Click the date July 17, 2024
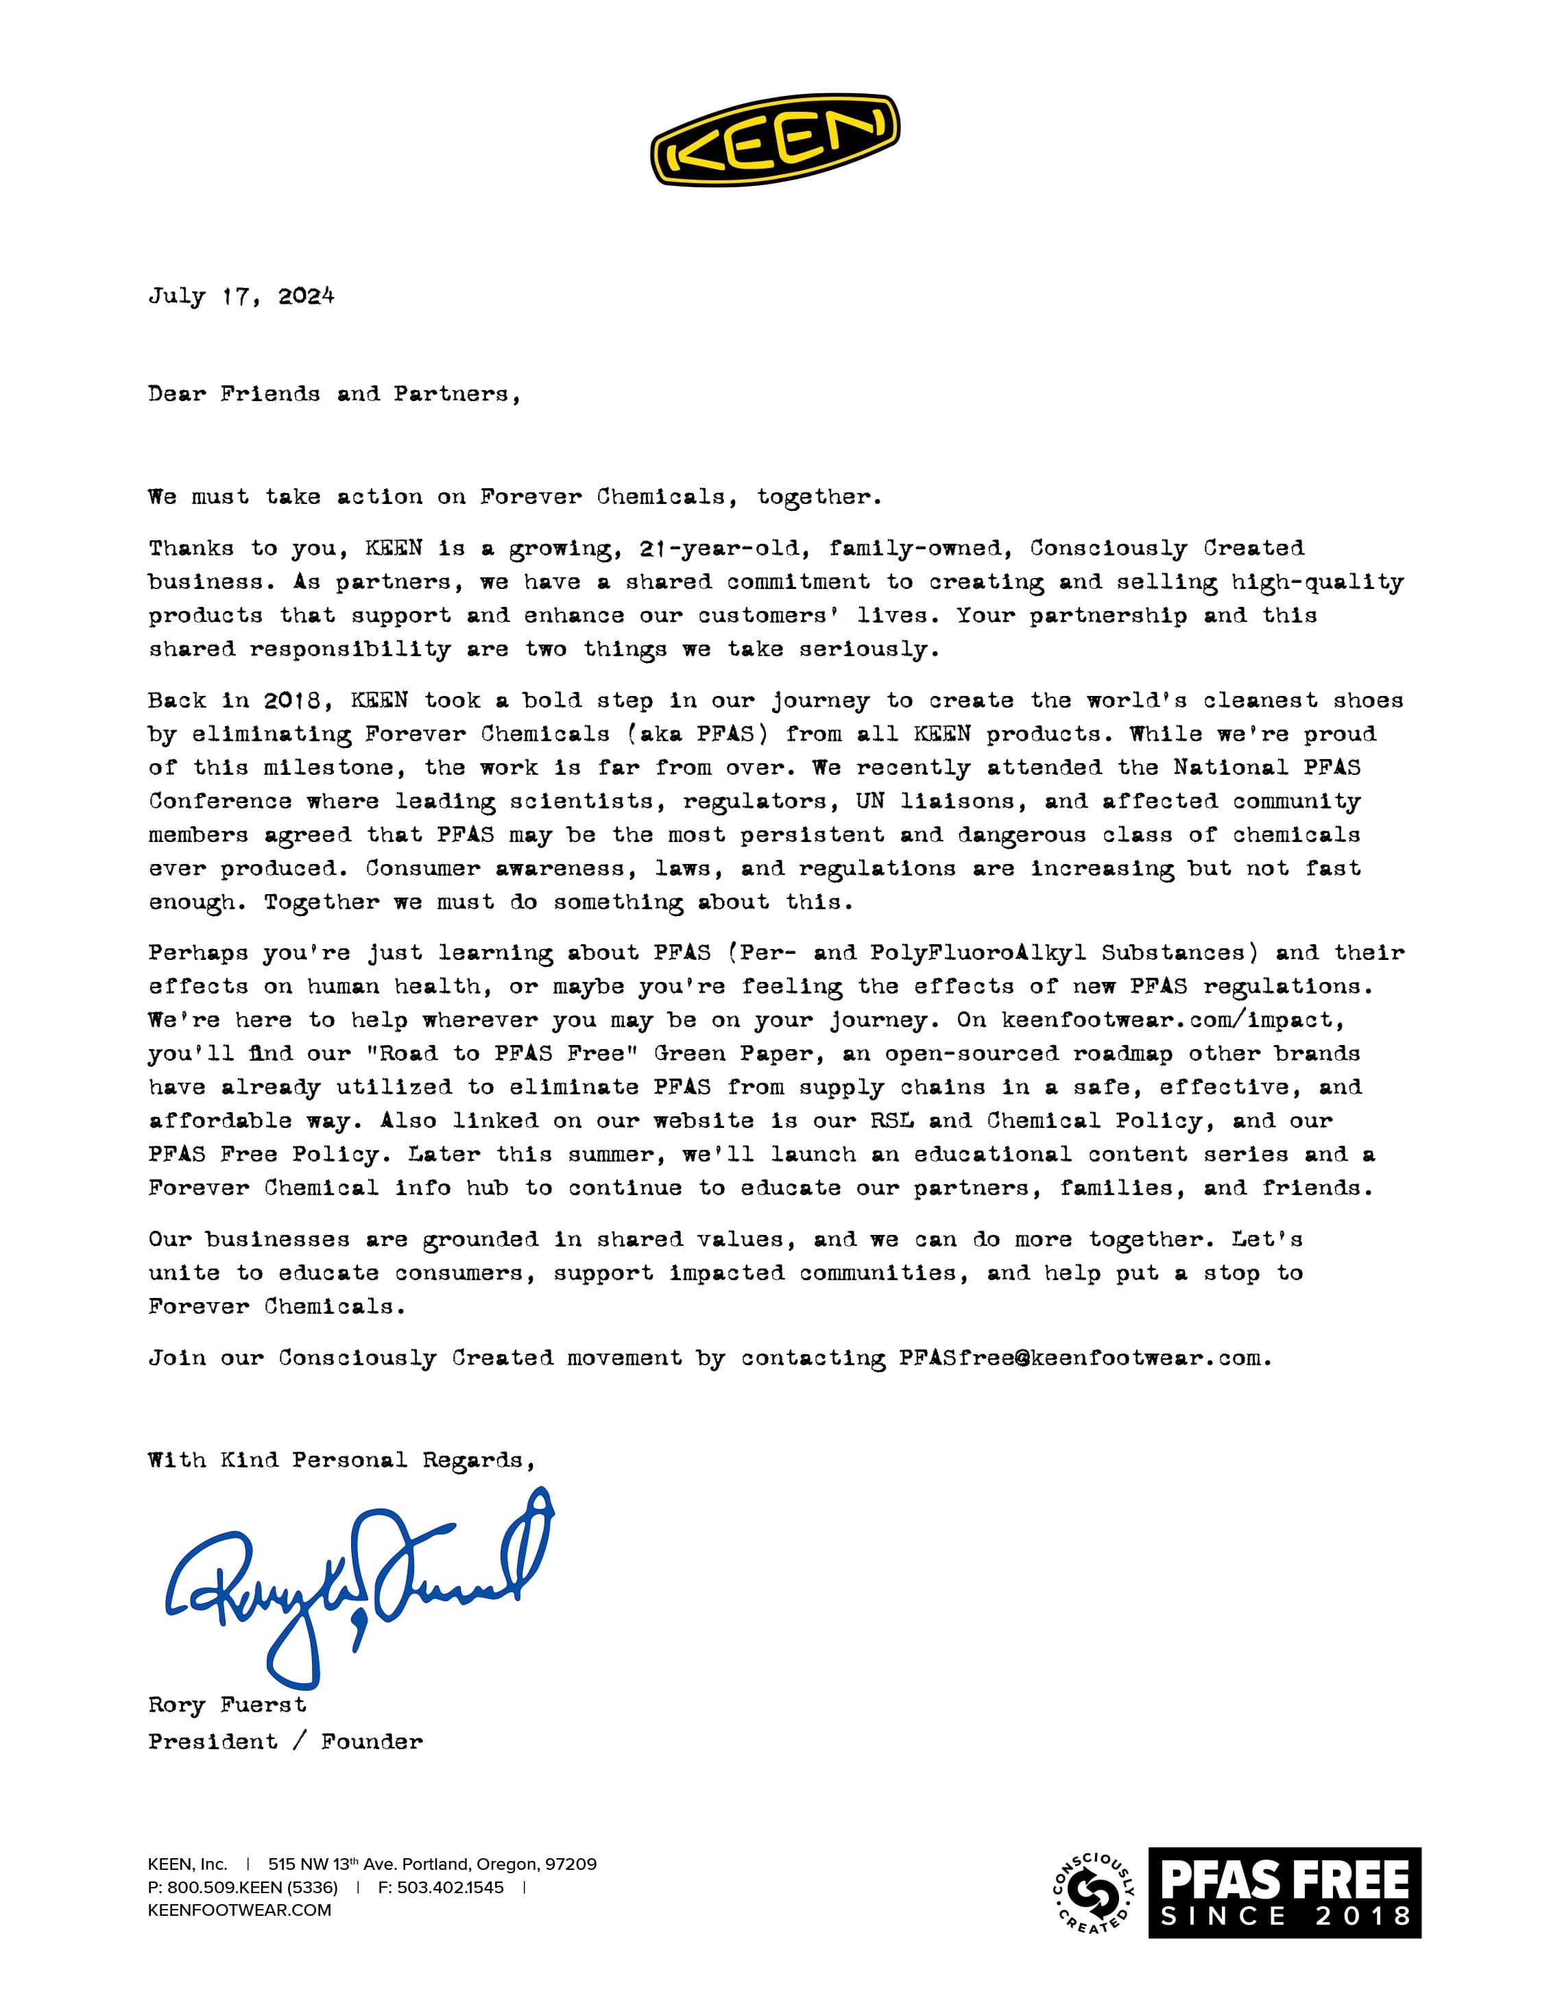point(241,296)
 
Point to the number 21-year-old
point(719,549)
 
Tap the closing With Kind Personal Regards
point(341,1461)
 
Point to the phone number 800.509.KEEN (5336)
point(252,1888)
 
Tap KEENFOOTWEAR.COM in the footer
point(239,1910)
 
